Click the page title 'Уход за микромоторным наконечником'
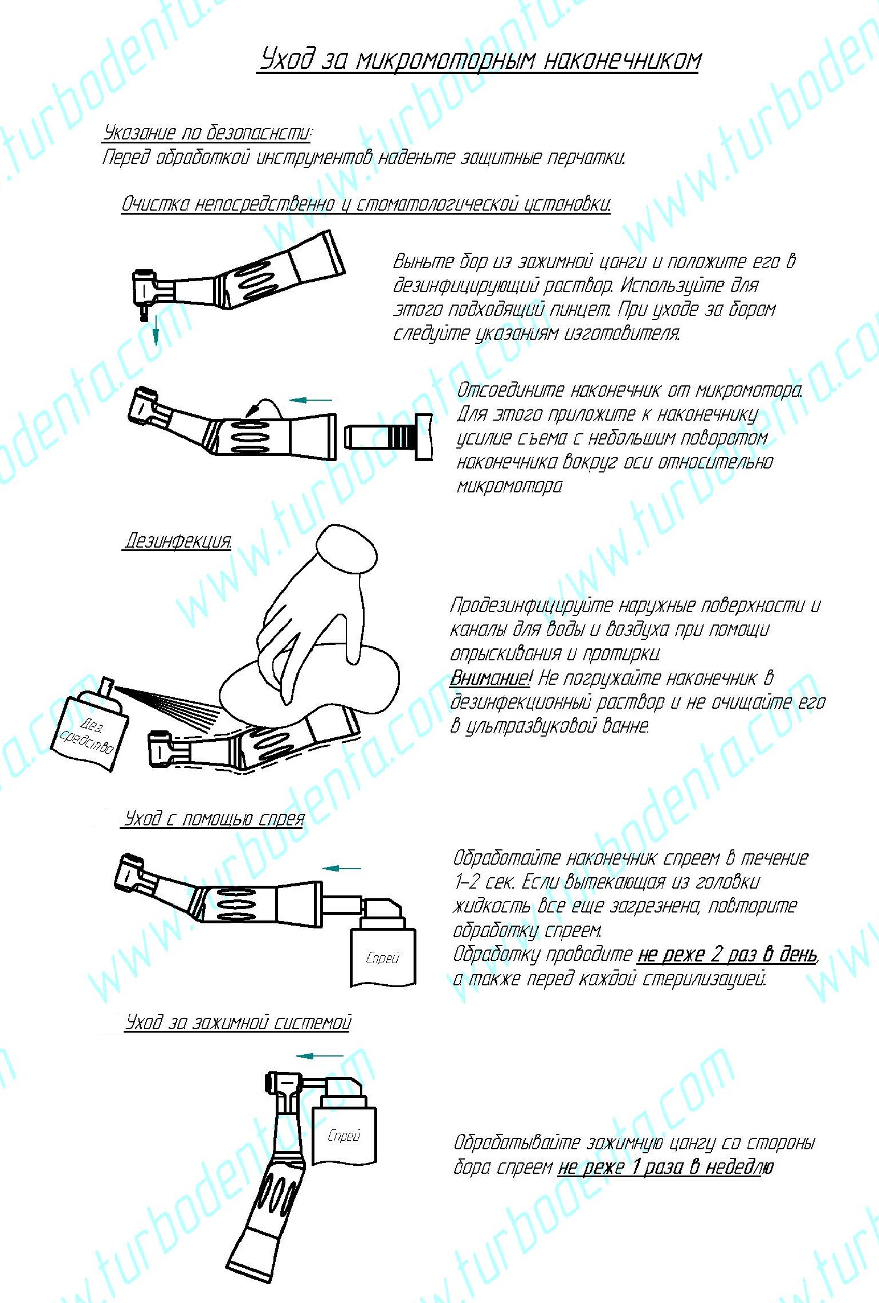click(x=480, y=59)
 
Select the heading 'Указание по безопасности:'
click(x=207, y=133)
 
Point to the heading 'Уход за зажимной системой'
click(x=238, y=1022)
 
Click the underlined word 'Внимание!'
click(x=490, y=678)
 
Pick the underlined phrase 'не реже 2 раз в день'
click(x=727, y=954)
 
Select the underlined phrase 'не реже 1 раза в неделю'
click(x=665, y=1168)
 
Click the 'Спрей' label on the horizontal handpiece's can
click(x=382, y=958)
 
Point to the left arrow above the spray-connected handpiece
click(x=342, y=869)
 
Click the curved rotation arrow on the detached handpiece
click(x=261, y=406)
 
